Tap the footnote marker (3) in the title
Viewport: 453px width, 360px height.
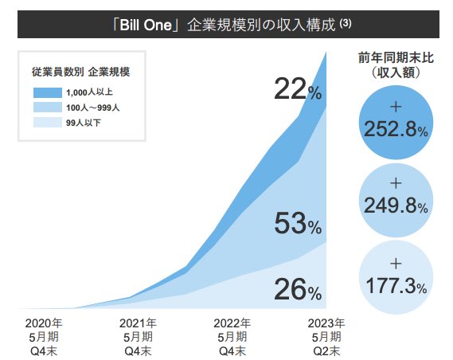click(345, 23)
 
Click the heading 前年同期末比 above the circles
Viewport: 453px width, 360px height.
click(395, 57)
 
